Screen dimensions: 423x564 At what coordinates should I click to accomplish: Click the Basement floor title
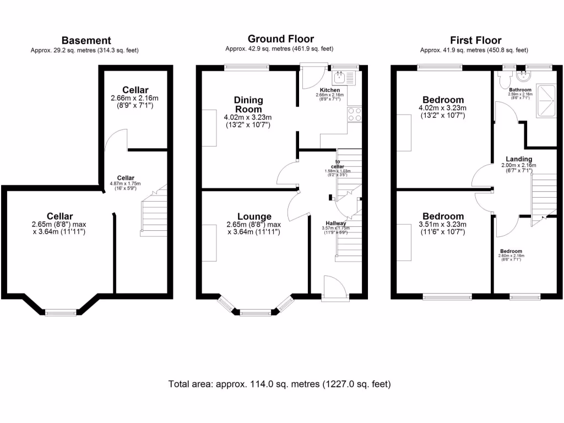tap(86, 40)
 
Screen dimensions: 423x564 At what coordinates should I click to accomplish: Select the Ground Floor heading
tap(280, 39)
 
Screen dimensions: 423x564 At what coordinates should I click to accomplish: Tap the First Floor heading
tap(475, 40)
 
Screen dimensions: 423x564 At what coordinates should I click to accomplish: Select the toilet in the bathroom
tap(503, 80)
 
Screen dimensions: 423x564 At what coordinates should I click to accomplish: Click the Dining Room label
tap(248, 105)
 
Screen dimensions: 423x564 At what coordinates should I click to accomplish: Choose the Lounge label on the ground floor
tap(254, 216)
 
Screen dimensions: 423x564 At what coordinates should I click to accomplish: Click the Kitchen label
tap(330, 90)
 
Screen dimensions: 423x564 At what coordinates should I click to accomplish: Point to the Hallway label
tap(335, 223)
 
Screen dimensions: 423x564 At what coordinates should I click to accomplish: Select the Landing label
tap(519, 160)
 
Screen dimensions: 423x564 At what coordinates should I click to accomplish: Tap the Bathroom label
tap(520, 90)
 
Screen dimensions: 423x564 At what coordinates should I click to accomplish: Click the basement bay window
tap(61, 313)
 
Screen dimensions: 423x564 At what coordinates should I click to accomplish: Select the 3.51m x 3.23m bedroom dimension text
tap(442, 224)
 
